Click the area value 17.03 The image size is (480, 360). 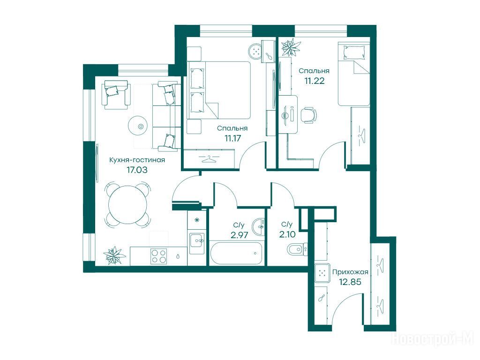click(137, 170)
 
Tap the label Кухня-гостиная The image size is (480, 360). click(137, 160)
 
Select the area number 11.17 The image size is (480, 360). click(232, 138)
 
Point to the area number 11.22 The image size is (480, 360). click(314, 81)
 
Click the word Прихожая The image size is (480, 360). click(350, 272)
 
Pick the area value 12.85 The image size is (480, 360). click(350, 282)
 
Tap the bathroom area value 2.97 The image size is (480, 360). click(239, 235)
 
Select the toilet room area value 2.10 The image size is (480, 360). click(287, 234)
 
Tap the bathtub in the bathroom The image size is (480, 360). click(236, 253)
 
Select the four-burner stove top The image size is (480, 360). click(158, 256)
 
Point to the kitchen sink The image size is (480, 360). click(197, 243)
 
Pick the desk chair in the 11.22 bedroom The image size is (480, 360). click(308, 115)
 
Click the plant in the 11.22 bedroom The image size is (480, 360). click(291, 47)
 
